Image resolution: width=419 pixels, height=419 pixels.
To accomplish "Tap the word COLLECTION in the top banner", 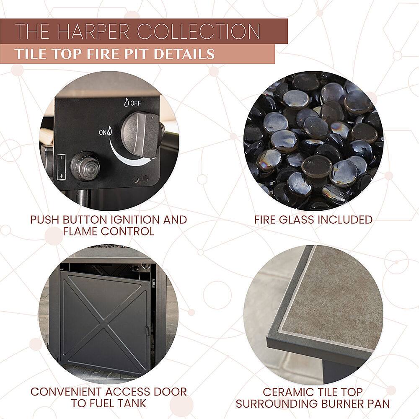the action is (x=199, y=31).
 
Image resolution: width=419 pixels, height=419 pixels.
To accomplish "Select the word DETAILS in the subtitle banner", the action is (x=184, y=54).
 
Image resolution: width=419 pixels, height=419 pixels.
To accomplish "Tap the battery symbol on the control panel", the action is (x=62, y=168).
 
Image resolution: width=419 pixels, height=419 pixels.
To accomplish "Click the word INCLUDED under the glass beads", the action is (x=345, y=220).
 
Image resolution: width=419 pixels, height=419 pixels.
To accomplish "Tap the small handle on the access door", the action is (x=147, y=330).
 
